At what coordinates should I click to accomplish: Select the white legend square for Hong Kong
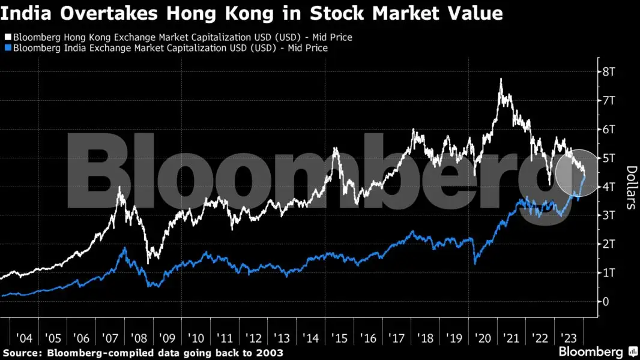tap(7, 38)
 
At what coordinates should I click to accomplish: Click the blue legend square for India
tap(7, 48)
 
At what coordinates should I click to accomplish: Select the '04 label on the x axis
tap(24, 338)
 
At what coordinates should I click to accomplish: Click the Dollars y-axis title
tap(630, 187)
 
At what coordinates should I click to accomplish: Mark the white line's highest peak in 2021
tap(501, 79)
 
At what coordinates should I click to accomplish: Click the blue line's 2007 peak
tap(125, 248)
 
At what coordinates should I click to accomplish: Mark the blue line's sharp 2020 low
tap(475, 263)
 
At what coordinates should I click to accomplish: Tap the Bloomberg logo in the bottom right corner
tap(591, 352)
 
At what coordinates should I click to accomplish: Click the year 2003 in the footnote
tap(270, 352)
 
